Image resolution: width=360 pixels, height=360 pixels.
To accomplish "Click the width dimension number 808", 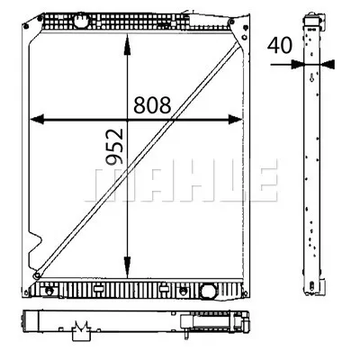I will tap(152, 106).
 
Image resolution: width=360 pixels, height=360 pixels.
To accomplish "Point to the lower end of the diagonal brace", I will tap(36, 275).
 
